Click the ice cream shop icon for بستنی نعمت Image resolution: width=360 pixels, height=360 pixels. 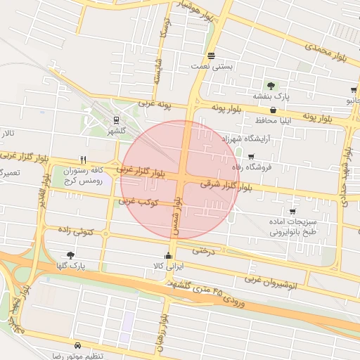click(x=211, y=56)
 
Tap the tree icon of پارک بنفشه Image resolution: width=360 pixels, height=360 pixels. click(x=271, y=85)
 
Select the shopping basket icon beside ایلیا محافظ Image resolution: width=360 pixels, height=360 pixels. click(x=273, y=110)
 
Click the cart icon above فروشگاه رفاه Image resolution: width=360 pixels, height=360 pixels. click(x=251, y=156)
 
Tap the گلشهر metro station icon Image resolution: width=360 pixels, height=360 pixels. click(x=116, y=119)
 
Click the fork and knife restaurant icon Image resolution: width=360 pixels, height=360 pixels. click(x=84, y=160)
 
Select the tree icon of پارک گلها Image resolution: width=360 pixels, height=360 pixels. click(x=70, y=255)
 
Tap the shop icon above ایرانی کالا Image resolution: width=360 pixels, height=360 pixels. click(x=167, y=255)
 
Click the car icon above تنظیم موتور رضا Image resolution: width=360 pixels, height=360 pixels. click(x=77, y=345)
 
